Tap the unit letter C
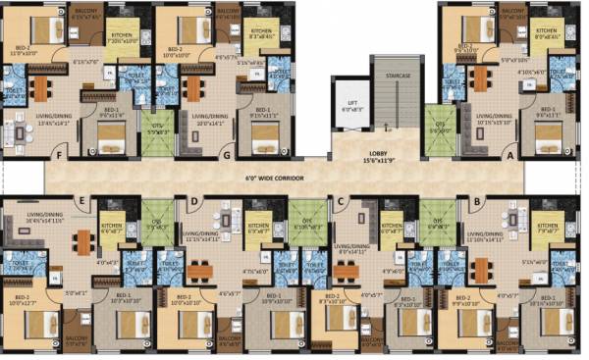(x=339, y=202)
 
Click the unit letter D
(x=194, y=202)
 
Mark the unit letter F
(x=59, y=154)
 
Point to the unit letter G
(x=227, y=155)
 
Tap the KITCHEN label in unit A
(x=546, y=30)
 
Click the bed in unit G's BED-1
(x=263, y=144)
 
